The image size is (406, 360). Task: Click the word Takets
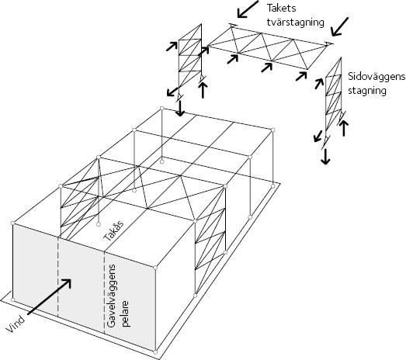pyautogui.click(x=281, y=9)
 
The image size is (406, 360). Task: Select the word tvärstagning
pyautogui.click(x=295, y=22)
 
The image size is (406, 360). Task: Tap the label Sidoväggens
pyautogui.click(x=377, y=77)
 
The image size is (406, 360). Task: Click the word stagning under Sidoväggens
pyautogui.click(x=367, y=91)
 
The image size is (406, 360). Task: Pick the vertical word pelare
pyautogui.click(x=125, y=313)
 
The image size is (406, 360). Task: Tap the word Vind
pyautogui.click(x=16, y=324)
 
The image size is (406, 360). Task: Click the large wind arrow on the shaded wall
pyautogui.click(x=49, y=297)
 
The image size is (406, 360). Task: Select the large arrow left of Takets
pyautogui.click(x=248, y=9)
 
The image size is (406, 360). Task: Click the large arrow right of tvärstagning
pyautogui.click(x=340, y=26)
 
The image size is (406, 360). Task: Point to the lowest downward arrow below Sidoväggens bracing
pyautogui.click(x=325, y=157)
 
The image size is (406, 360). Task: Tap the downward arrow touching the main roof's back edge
pyautogui.click(x=180, y=109)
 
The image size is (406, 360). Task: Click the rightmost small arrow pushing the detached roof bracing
pyautogui.click(x=301, y=76)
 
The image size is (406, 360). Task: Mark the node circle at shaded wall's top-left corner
pyautogui.click(x=13, y=223)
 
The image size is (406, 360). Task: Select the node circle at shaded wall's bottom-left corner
pyautogui.click(x=13, y=300)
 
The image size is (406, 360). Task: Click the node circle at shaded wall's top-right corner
pyautogui.click(x=155, y=268)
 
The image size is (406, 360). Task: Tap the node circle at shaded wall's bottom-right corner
pyautogui.click(x=155, y=352)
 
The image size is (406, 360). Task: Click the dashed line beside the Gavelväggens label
pyautogui.click(x=104, y=293)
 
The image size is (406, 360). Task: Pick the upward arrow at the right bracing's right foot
pyautogui.click(x=344, y=129)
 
